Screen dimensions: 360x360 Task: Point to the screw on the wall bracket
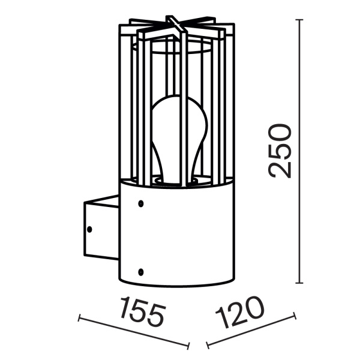[90, 229]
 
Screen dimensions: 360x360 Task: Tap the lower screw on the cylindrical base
[140, 271]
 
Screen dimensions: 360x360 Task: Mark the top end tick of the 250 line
[300, 20]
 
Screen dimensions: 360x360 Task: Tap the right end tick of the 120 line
[294, 315]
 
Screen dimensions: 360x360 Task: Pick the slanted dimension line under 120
[251, 330]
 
